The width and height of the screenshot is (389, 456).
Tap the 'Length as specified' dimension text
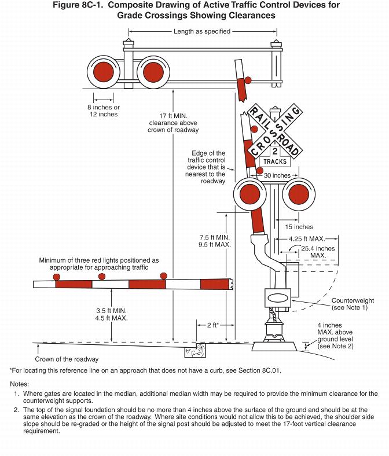pyautogui.click(x=202, y=31)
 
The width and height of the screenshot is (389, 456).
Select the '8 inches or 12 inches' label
pyautogui.click(x=104, y=111)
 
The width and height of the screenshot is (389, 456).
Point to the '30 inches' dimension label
pyautogui.click(x=277, y=175)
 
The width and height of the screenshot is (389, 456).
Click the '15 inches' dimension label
pyautogui.click(x=299, y=227)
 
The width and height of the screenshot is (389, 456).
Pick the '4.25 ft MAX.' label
pyautogui.click(x=307, y=239)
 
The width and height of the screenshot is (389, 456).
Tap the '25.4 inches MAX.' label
pyautogui.click(x=318, y=252)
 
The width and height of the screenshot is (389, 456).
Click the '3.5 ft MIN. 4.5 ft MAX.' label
pyautogui.click(x=112, y=314)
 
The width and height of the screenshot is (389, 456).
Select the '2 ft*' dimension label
pyautogui.click(x=212, y=325)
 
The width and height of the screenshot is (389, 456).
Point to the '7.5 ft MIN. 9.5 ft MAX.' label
pyautogui.click(x=215, y=241)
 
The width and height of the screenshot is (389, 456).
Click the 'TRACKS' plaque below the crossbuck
pyautogui.click(x=275, y=161)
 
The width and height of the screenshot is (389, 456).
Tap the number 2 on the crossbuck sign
pyautogui.click(x=274, y=152)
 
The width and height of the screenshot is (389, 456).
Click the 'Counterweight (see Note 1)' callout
pyautogui.click(x=353, y=304)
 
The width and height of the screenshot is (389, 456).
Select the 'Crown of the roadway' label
pyautogui.click(x=67, y=359)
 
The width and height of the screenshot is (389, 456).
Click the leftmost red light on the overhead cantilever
pyautogui.click(x=103, y=72)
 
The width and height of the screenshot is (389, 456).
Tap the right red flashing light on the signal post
pyautogui.click(x=299, y=194)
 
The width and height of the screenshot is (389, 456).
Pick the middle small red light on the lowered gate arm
pyautogui.click(x=101, y=276)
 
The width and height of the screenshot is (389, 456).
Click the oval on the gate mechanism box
pyautogui.click(x=277, y=298)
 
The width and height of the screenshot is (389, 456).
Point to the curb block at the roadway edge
pyautogui.click(x=195, y=350)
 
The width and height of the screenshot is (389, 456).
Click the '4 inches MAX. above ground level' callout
pyautogui.click(x=335, y=336)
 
